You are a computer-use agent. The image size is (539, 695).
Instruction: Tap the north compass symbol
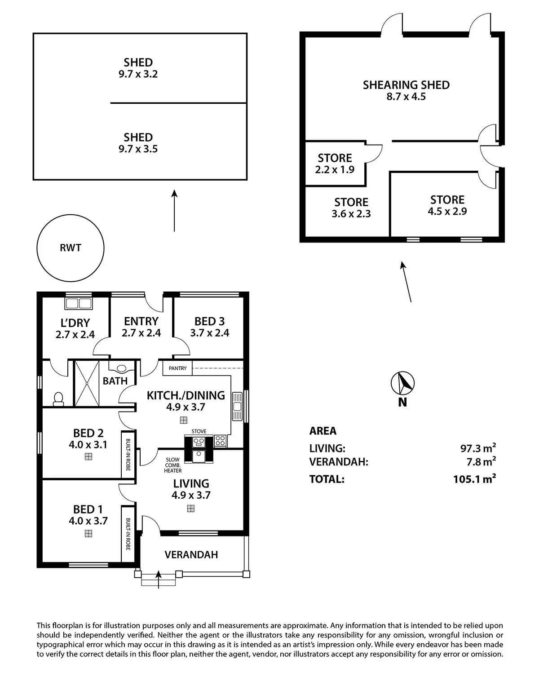[402, 383]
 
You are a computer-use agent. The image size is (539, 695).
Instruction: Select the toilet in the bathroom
[58, 399]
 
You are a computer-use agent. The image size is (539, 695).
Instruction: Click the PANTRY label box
[177, 368]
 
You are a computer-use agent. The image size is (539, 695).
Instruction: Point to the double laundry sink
[78, 303]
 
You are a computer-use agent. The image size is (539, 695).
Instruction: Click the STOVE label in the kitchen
[199, 431]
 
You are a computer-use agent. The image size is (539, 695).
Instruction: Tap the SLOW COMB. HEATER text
[172, 465]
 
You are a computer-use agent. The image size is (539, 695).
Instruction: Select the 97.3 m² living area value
[478, 448]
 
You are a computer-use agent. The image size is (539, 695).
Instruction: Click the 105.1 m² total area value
[474, 479]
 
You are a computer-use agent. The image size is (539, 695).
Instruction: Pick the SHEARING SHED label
[406, 85]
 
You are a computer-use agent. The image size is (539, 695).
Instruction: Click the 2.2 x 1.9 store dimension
[335, 169]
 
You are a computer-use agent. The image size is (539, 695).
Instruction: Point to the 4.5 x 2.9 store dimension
[447, 211]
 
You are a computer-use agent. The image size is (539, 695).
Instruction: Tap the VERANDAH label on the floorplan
[191, 554]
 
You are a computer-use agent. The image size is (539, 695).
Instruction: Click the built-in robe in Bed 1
[128, 534]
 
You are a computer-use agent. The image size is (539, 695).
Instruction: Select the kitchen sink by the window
[237, 406]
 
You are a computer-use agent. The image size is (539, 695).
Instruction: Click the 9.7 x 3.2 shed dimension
[138, 74]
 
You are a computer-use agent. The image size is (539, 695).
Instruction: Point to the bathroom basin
[121, 368]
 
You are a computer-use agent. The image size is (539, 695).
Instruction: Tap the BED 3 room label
[209, 321]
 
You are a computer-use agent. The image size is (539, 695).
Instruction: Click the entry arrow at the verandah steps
[159, 580]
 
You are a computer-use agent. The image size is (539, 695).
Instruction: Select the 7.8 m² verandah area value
[481, 461]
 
